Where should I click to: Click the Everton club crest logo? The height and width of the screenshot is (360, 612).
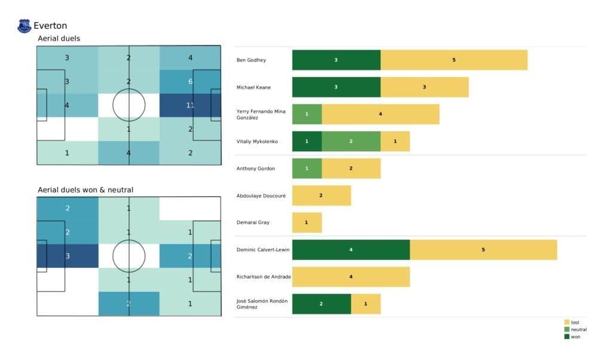click(25, 26)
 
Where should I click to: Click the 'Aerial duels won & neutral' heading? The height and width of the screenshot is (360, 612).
click(85, 190)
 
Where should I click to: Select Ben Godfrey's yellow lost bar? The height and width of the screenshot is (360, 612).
click(454, 60)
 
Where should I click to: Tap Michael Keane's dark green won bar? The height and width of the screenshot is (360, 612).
click(336, 87)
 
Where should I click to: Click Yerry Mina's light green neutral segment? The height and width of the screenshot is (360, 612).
click(307, 114)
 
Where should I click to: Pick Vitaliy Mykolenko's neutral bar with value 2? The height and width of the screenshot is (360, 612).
click(350, 141)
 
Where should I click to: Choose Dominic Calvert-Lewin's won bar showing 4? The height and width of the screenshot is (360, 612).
click(351, 249)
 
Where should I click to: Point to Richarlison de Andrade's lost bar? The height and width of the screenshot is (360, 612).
click(351, 276)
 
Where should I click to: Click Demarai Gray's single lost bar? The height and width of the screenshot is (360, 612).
click(307, 222)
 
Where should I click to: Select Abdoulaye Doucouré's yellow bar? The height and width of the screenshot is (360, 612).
click(321, 196)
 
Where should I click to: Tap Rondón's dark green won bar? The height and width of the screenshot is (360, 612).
click(321, 303)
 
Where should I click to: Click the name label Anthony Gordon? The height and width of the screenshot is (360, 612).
click(255, 169)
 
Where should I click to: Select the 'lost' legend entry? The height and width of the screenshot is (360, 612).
click(575, 322)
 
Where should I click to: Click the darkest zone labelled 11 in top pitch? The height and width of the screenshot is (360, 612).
click(190, 105)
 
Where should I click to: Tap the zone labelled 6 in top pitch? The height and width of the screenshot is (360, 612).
click(190, 81)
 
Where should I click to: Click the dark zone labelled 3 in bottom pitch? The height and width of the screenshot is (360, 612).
click(67, 256)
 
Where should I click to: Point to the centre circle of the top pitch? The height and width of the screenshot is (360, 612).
click(128, 105)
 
